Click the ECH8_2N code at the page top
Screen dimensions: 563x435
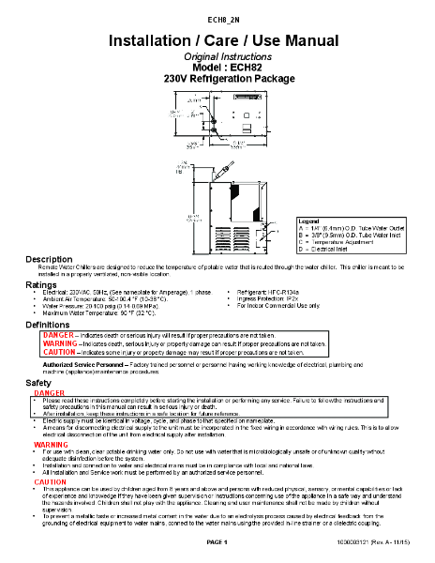(217, 18)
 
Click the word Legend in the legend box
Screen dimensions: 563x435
(310, 219)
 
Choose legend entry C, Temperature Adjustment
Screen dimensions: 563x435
(341, 241)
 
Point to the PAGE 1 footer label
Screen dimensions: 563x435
(217, 543)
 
